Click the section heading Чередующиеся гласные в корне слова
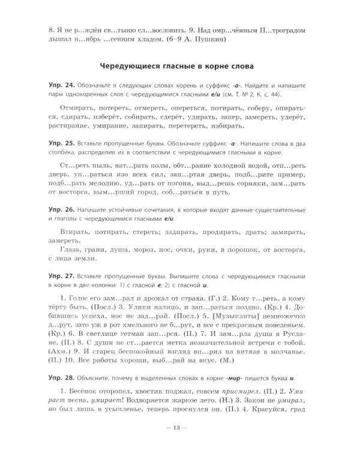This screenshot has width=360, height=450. pos(180,65)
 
